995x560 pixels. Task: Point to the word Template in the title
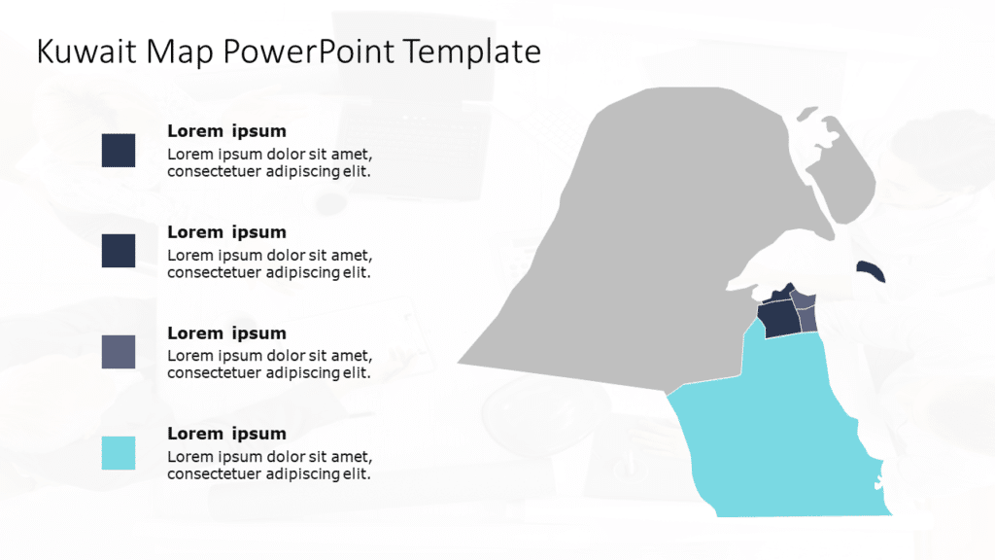pyautogui.click(x=472, y=52)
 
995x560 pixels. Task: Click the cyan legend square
pyautogui.click(x=119, y=453)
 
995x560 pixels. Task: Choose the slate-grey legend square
pyautogui.click(x=119, y=352)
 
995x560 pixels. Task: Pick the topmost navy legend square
pyautogui.click(x=119, y=151)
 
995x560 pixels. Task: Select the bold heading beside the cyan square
pyautogui.click(x=226, y=434)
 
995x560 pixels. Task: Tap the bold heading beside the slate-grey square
pyautogui.click(x=226, y=332)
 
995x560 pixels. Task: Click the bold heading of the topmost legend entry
pyautogui.click(x=226, y=131)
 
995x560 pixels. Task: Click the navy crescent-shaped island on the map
pyautogui.click(x=872, y=271)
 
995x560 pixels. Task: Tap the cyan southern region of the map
pyautogui.click(x=777, y=437)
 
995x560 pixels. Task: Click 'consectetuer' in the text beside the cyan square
pyautogui.click(x=213, y=474)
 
